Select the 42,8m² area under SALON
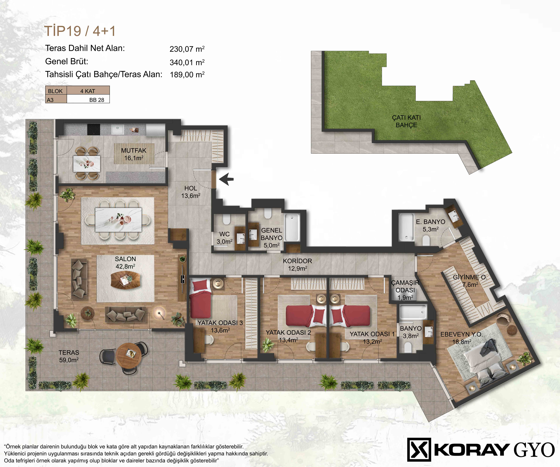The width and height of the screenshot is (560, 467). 125,266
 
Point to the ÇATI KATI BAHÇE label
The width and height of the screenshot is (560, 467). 406,121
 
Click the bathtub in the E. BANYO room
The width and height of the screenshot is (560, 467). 406,227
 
